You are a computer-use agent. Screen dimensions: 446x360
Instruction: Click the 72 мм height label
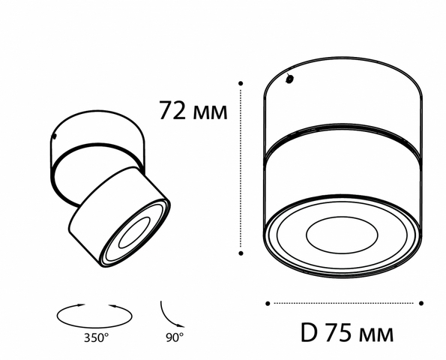(x=193, y=110)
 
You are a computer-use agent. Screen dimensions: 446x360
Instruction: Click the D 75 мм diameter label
(x=347, y=332)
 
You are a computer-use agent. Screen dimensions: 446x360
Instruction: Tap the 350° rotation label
(x=96, y=338)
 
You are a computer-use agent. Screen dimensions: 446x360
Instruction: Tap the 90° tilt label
(x=175, y=337)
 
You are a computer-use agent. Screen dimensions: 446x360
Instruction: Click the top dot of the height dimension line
(x=241, y=83)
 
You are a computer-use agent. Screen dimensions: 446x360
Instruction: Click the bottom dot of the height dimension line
(x=241, y=253)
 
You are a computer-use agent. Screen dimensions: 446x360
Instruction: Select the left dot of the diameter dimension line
(x=268, y=304)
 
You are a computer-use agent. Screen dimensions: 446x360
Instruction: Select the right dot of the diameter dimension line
(x=421, y=303)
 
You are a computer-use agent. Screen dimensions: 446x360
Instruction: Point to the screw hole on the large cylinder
(x=289, y=79)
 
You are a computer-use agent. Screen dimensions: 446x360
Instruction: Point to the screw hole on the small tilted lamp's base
(x=54, y=137)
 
